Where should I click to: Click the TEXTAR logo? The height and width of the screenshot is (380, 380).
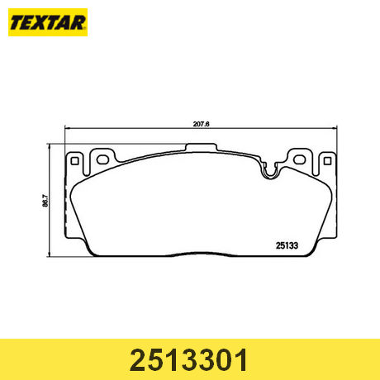48,25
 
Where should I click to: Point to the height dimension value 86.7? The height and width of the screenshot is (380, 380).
56,199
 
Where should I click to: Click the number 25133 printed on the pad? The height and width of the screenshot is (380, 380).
287,243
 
